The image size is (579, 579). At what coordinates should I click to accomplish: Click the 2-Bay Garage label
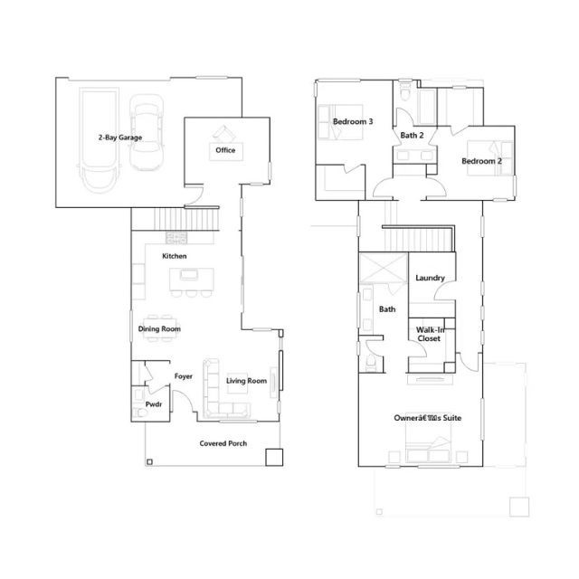point(120,138)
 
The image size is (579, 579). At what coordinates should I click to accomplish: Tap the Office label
point(225,150)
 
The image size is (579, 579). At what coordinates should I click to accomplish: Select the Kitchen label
point(175,256)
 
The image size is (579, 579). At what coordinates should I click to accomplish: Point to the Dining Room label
point(159,328)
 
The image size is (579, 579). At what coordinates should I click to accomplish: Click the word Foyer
point(184,376)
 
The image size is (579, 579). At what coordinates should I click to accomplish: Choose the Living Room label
point(246,381)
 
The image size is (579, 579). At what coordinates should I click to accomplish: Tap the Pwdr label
point(154,404)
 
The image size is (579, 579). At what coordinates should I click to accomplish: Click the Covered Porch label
point(223,443)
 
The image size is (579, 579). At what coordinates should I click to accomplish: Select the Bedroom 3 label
point(353,121)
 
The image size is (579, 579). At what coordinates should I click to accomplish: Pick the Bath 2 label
point(412,135)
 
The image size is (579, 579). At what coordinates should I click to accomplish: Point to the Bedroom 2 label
point(481,161)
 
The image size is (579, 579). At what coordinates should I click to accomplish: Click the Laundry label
point(430,278)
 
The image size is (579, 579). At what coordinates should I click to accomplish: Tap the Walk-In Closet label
point(430,334)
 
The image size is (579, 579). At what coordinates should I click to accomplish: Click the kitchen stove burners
point(176,237)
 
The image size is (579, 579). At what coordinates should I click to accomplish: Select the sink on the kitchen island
point(189,275)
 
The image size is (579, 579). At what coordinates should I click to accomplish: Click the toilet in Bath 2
point(405,92)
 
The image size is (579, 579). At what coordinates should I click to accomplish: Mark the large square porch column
point(274,457)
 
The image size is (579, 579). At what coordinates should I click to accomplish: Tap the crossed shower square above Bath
point(384,268)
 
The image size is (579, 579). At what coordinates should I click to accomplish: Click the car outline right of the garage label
point(147,133)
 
